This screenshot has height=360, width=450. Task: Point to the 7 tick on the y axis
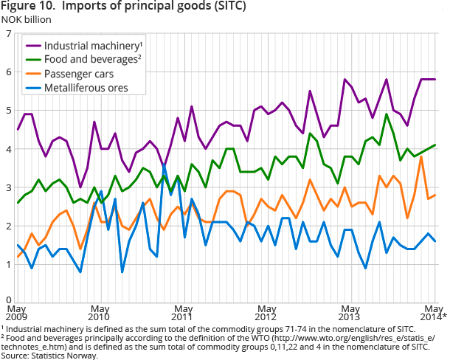click(x=7, y=34)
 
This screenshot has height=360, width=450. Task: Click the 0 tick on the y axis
click(x=7, y=302)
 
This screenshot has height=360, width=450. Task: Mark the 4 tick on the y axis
click(x=7, y=149)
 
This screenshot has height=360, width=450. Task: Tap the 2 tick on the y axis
click(x=7, y=226)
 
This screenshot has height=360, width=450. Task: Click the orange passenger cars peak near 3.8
click(x=421, y=156)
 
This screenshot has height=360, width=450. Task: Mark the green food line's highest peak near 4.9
click(x=387, y=114)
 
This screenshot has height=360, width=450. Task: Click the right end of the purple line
click(x=435, y=80)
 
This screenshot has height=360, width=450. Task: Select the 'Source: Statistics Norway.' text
click(x=49, y=355)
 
